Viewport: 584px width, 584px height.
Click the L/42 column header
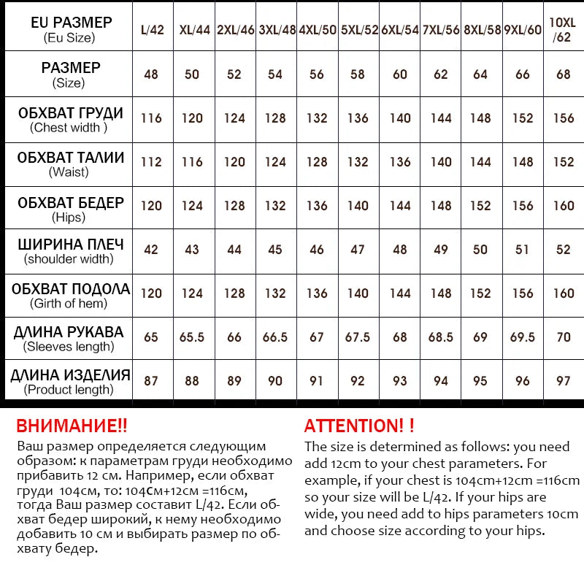pyautogui.click(x=151, y=30)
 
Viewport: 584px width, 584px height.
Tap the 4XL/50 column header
pyautogui.click(x=317, y=30)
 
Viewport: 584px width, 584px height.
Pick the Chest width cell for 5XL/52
pyautogui.click(x=358, y=118)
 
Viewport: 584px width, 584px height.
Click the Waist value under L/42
pyautogui.click(x=151, y=162)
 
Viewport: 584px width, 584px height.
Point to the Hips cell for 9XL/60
pyautogui.click(x=523, y=206)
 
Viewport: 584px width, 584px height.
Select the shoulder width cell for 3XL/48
pyautogui.click(x=275, y=250)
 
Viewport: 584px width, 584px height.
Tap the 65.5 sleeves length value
pyautogui.click(x=192, y=337)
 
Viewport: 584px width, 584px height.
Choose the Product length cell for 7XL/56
pyautogui.click(x=441, y=380)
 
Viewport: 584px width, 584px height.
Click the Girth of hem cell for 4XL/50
pyautogui.click(x=317, y=293)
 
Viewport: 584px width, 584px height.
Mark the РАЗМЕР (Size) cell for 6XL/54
pyautogui.click(x=400, y=74)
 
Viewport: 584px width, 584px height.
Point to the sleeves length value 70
pyautogui.click(x=563, y=337)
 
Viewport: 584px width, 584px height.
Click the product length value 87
pyautogui.click(x=151, y=380)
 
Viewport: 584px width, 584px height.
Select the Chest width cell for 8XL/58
pyautogui.click(x=480, y=118)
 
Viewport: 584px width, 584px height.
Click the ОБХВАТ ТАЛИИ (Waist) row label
pyautogui.click(x=70, y=164)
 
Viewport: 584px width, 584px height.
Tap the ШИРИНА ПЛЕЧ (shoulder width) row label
pyautogui.click(x=70, y=250)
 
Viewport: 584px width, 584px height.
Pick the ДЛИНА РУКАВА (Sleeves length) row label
pyautogui.click(x=69, y=338)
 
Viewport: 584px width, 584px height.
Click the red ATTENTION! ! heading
pyautogui.click(x=358, y=426)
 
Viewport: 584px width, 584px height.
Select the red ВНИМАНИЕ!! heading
pyautogui.click(x=71, y=426)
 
